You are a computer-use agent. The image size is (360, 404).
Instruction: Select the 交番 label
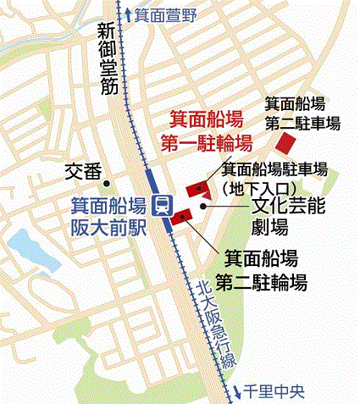[x=83, y=172]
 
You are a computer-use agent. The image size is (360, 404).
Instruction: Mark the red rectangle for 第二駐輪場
[x=180, y=219]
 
